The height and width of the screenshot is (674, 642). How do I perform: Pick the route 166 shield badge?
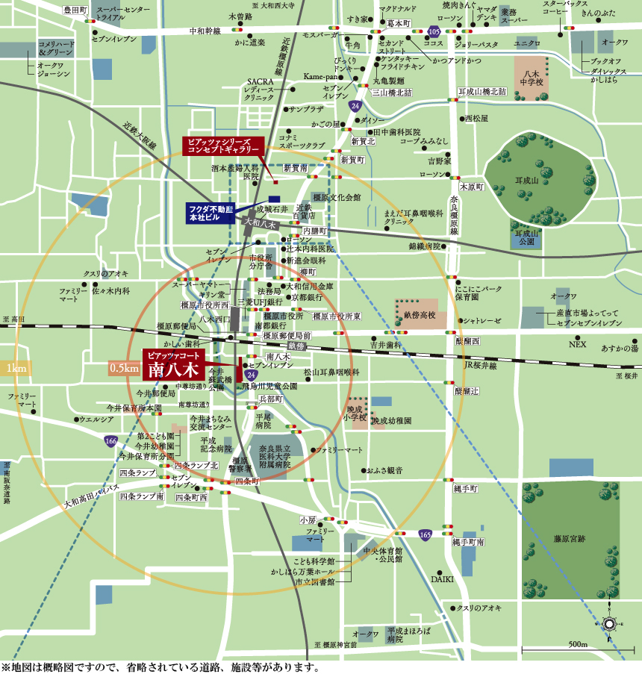110,441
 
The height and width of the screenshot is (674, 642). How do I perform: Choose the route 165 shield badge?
425,534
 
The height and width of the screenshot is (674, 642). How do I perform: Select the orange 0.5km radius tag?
124,368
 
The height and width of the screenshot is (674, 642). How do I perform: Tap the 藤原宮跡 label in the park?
569,538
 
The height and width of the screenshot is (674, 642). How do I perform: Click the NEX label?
579,345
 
